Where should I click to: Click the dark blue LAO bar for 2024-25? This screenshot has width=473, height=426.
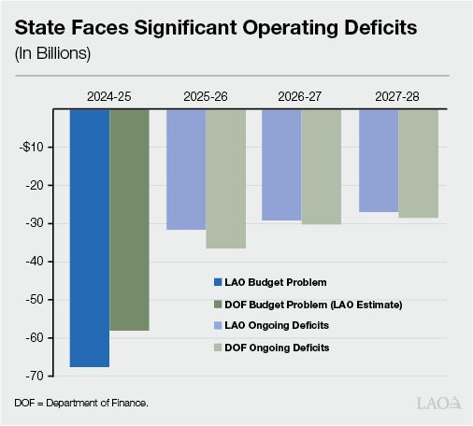[x=90, y=237]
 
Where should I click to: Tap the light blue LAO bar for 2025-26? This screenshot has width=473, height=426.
[x=186, y=169]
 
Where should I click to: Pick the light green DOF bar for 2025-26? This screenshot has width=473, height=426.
[x=225, y=178]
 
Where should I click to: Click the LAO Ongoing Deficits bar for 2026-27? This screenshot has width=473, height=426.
[x=281, y=164]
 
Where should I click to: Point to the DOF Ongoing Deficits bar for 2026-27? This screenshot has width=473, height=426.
[x=321, y=166]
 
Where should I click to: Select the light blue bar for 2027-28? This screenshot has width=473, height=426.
[x=379, y=160]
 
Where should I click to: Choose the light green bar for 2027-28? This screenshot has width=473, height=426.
[x=418, y=163]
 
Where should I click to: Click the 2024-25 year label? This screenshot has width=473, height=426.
[x=108, y=96]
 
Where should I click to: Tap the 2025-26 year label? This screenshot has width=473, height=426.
[x=205, y=96]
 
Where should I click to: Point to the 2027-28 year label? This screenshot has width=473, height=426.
[x=397, y=96]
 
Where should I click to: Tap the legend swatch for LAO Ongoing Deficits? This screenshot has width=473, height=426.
[x=217, y=326]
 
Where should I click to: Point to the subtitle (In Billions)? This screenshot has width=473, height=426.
[x=52, y=52]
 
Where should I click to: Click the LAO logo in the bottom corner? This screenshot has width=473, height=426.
[x=437, y=403]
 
